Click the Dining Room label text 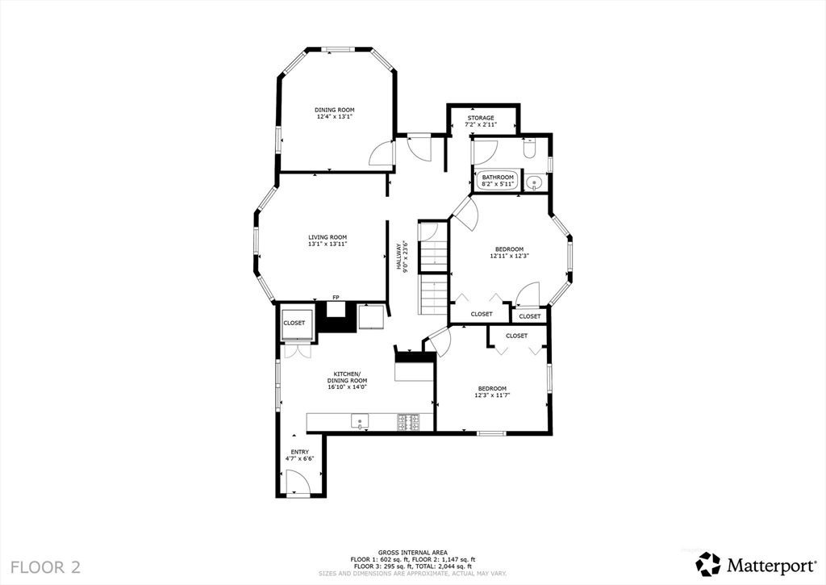click(334, 110)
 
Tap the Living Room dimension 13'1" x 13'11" click(327, 244)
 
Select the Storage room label click(481, 118)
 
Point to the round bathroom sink click(533, 183)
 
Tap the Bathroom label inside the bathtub click(498, 178)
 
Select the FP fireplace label click(336, 298)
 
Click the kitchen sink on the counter click(359, 420)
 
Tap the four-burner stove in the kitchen click(408, 420)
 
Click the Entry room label click(299, 452)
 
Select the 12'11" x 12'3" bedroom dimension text click(508, 256)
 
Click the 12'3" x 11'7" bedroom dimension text click(491, 395)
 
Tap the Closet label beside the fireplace click(294, 323)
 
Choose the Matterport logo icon click(707, 562)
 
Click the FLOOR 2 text click(45, 566)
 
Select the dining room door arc click(380, 153)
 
